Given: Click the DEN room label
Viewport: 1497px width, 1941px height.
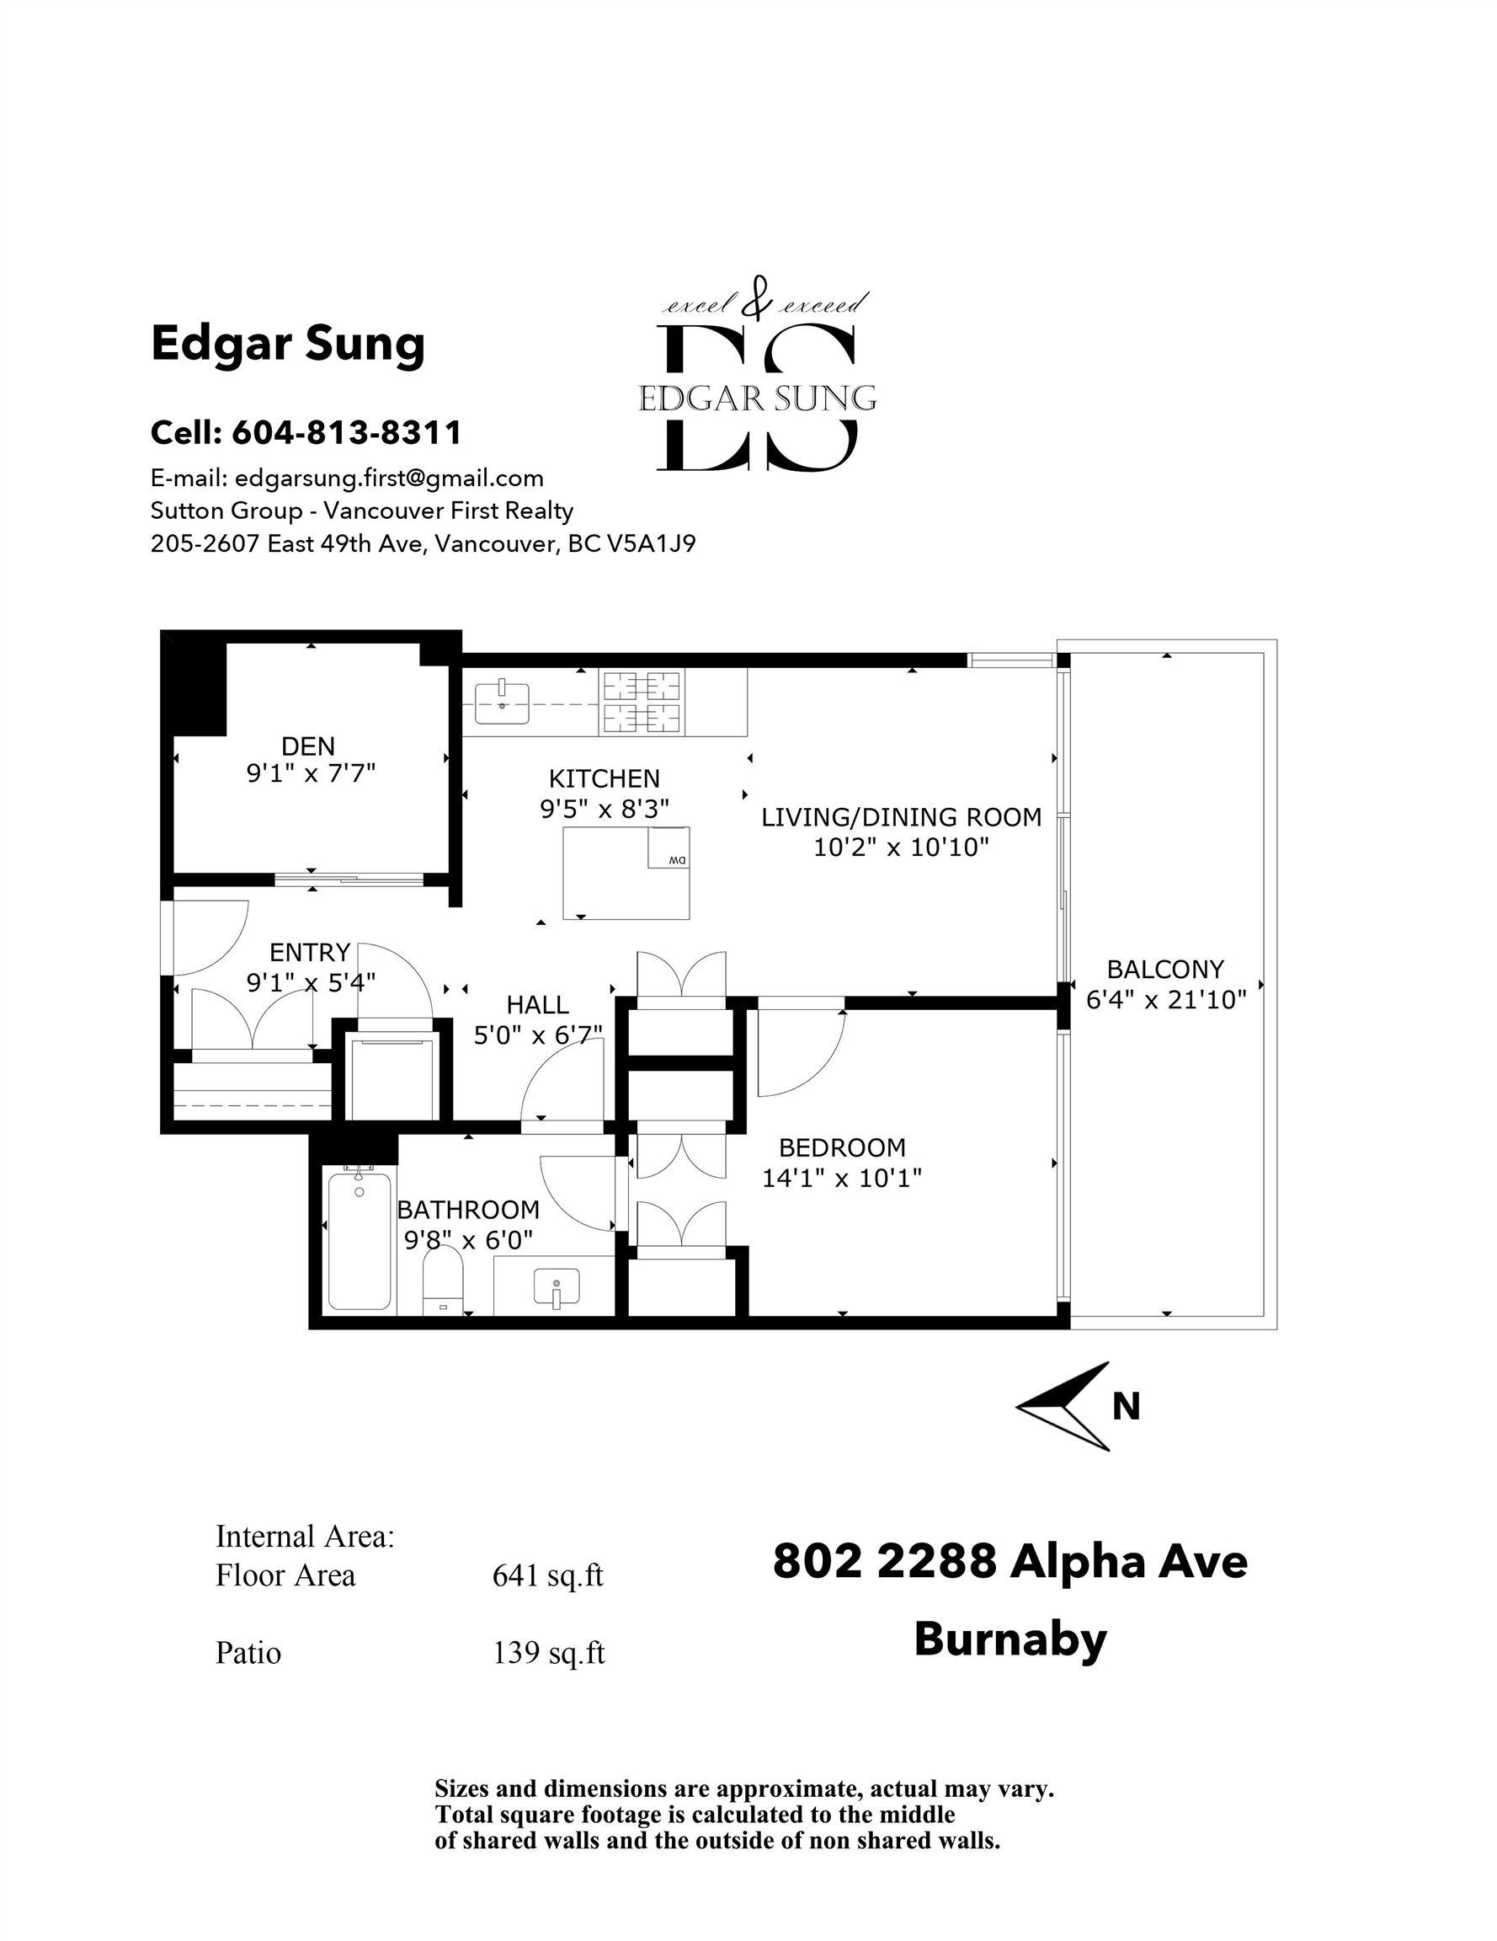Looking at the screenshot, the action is (x=308, y=746).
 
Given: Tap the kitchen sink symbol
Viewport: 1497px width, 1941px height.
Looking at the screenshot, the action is (x=502, y=703).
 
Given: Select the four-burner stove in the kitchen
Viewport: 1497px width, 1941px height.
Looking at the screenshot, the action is (x=642, y=702).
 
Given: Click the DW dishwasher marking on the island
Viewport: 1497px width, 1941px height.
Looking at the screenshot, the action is (x=678, y=860).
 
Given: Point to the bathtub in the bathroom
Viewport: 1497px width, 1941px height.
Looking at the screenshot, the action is (x=360, y=1242).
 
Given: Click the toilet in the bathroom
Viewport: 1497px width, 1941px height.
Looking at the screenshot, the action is (x=444, y=1280).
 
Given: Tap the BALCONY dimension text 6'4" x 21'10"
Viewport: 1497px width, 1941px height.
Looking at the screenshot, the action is (x=1166, y=1000).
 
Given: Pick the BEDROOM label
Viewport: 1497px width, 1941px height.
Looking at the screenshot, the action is (x=842, y=1147).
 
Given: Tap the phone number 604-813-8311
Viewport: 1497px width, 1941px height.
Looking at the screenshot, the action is (x=348, y=433).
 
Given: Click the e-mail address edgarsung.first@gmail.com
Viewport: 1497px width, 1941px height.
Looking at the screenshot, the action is (x=389, y=479).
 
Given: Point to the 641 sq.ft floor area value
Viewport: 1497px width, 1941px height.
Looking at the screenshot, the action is (x=548, y=1575).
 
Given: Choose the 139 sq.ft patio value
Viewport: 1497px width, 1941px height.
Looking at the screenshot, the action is (x=548, y=1652).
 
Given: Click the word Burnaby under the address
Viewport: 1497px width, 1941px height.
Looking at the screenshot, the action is (x=1010, y=1639).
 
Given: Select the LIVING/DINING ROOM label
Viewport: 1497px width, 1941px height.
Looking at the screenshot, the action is (x=901, y=816).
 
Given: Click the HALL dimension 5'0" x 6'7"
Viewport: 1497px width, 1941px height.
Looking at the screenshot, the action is (x=538, y=1035).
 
